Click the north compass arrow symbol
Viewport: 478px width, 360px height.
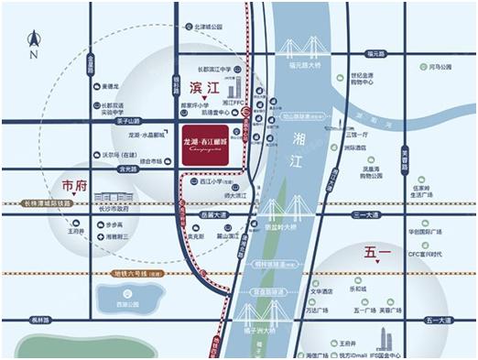(x=34, y=39)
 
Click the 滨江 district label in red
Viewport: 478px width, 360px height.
(x=206, y=89)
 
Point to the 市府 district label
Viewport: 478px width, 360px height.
(x=75, y=183)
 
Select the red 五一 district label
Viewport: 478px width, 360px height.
(x=378, y=250)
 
